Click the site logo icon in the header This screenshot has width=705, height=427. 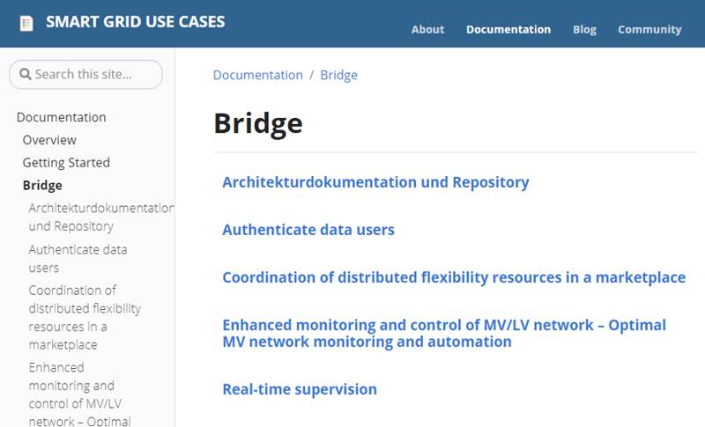(x=26, y=24)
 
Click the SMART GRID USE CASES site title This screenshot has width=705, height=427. (x=136, y=22)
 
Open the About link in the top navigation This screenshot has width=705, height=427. (x=427, y=30)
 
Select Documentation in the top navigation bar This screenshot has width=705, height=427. (x=508, y=30)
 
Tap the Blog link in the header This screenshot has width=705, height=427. (x=584, y=30)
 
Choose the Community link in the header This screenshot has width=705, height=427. (x=649, y=30)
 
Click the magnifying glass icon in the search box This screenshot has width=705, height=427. (x=26, y=74)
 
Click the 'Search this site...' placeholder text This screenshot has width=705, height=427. (x=84, y=74)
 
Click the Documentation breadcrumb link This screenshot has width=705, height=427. (x=258, y=75)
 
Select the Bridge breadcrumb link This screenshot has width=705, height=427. (x=339, y=75)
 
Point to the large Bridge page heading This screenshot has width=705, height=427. (x=258, y=124)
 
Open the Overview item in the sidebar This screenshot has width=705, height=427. (x=49, y=140)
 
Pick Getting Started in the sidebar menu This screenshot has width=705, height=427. (x=66, y=163)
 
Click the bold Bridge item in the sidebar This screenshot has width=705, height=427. (x=42, y=186)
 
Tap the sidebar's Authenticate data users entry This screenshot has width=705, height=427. (x=78, y=259)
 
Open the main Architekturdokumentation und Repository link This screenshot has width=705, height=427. (x=376, y=182)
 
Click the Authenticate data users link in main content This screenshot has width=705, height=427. (x=308, y=230)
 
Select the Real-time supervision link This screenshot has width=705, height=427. (x=300, y=389)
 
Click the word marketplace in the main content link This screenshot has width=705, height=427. (x=641, y=277)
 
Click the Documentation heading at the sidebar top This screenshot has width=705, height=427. (x=62, y=117)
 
